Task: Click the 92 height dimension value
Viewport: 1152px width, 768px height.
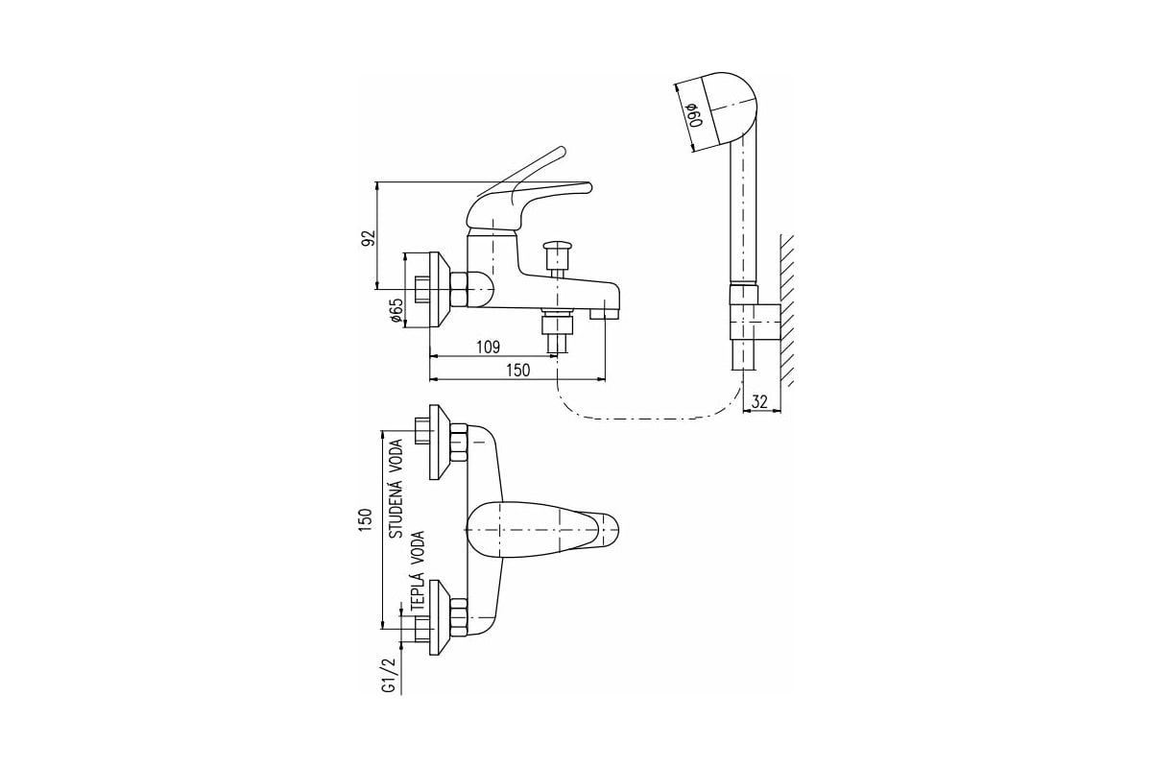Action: click(x=369, y=238)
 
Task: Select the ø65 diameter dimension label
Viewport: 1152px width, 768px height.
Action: click(x=396, y=310)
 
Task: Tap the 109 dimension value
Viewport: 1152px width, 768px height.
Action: click(x=488, y=348)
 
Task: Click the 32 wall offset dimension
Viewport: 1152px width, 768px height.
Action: click(x=759, y=401)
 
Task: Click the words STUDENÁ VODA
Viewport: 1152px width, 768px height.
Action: click(x=396, y=489)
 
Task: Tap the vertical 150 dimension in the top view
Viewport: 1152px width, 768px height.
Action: click(x=365, y=519)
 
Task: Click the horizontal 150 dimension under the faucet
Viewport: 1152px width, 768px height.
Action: click(x=517, y=371)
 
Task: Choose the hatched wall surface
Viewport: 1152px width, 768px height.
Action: click(x=787, y=310)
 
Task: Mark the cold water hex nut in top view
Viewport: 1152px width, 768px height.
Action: click(x=458, y=443)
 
